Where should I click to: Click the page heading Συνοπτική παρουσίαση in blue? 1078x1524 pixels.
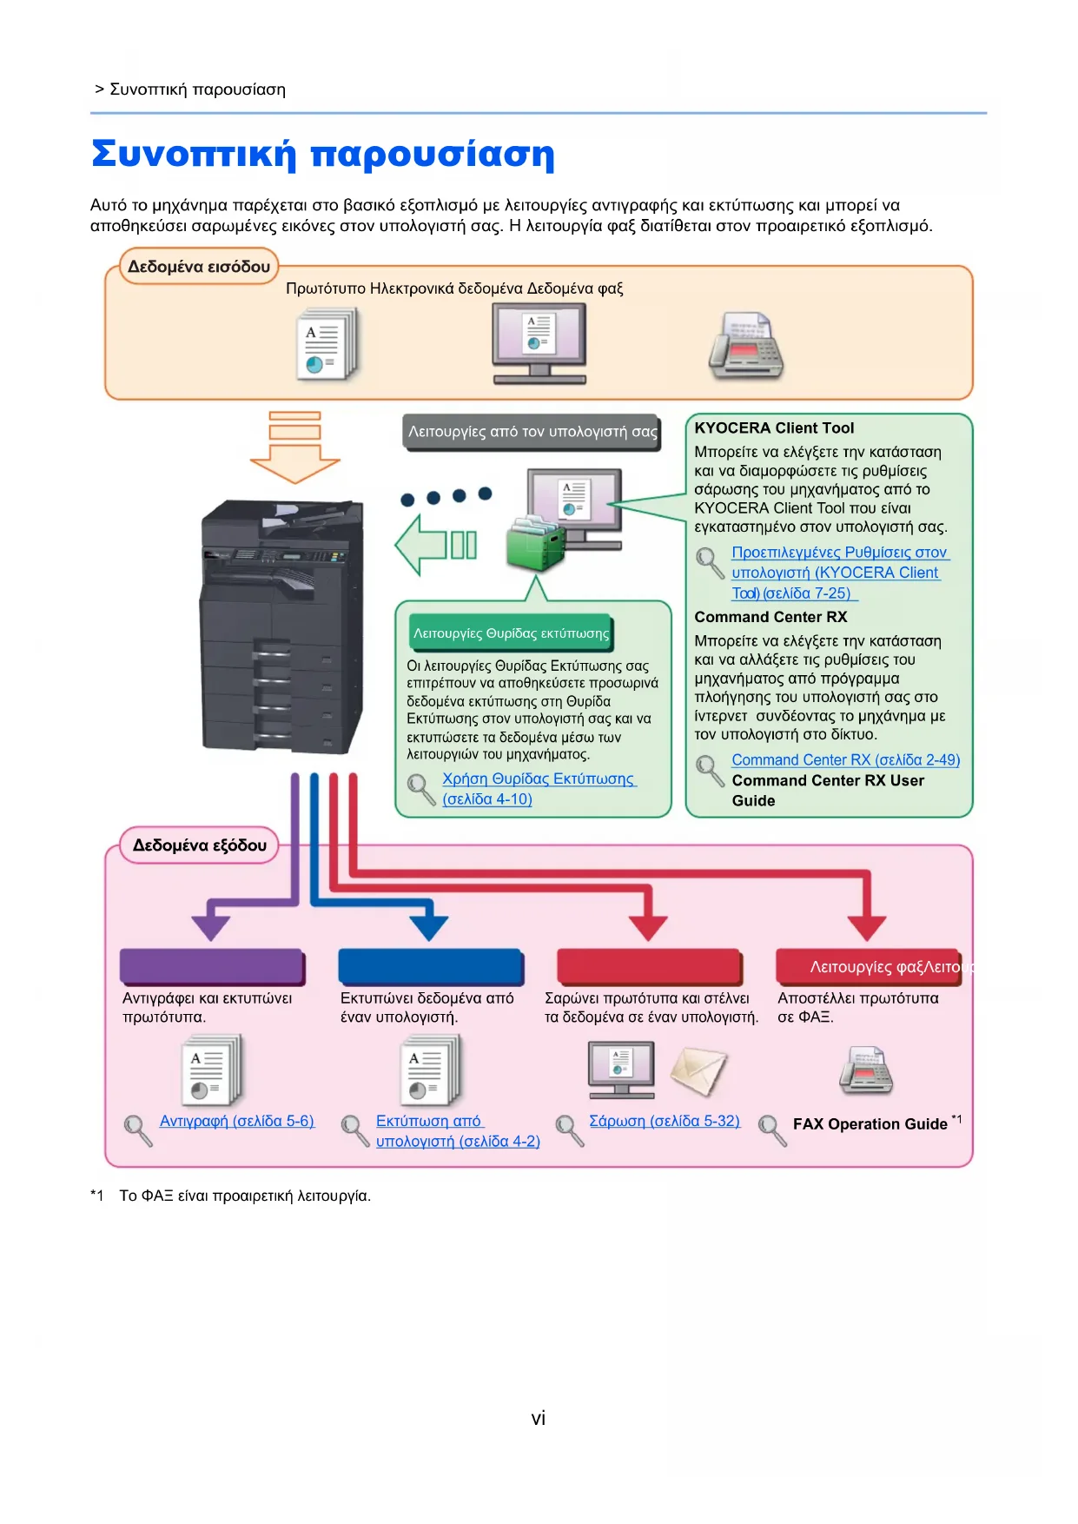(322, 154)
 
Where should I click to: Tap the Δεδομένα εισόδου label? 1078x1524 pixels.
(199, 267)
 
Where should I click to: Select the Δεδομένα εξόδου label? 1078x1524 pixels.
(199, 845)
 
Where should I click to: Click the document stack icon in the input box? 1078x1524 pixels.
(327, 346)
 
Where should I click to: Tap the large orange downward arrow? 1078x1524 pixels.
(295, 448)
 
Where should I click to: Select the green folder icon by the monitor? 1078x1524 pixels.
(535, 543)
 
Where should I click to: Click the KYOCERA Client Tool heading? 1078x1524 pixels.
(774, 428)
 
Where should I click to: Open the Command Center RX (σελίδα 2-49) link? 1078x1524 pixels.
(845, 760)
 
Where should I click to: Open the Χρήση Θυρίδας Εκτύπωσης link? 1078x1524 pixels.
(539, 779)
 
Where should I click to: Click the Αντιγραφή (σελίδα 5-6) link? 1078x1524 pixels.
(236, 1122)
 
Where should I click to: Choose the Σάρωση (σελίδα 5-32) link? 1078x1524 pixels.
(665, 1122)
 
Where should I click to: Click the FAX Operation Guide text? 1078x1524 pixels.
(870, 1124)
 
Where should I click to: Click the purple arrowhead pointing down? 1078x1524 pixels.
(210, 927)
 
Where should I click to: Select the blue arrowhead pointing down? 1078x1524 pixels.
(428, 927)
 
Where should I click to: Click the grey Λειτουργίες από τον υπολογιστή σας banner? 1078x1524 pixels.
(532, 432)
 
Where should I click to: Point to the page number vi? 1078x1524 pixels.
(539, 1419)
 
